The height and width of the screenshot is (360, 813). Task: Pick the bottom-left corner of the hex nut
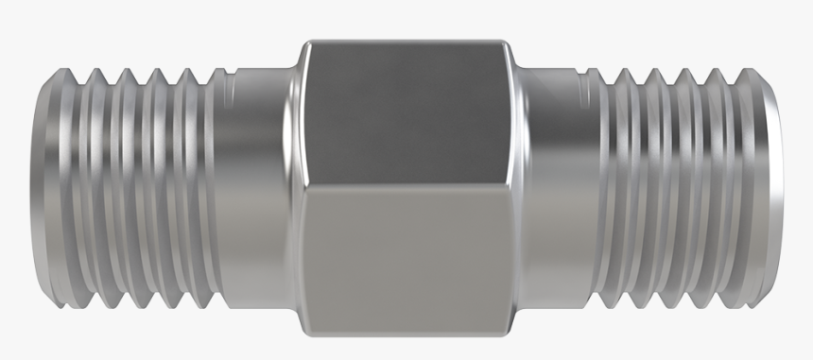coord(304,333)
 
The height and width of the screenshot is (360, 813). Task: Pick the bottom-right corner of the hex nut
coord(511,333)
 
